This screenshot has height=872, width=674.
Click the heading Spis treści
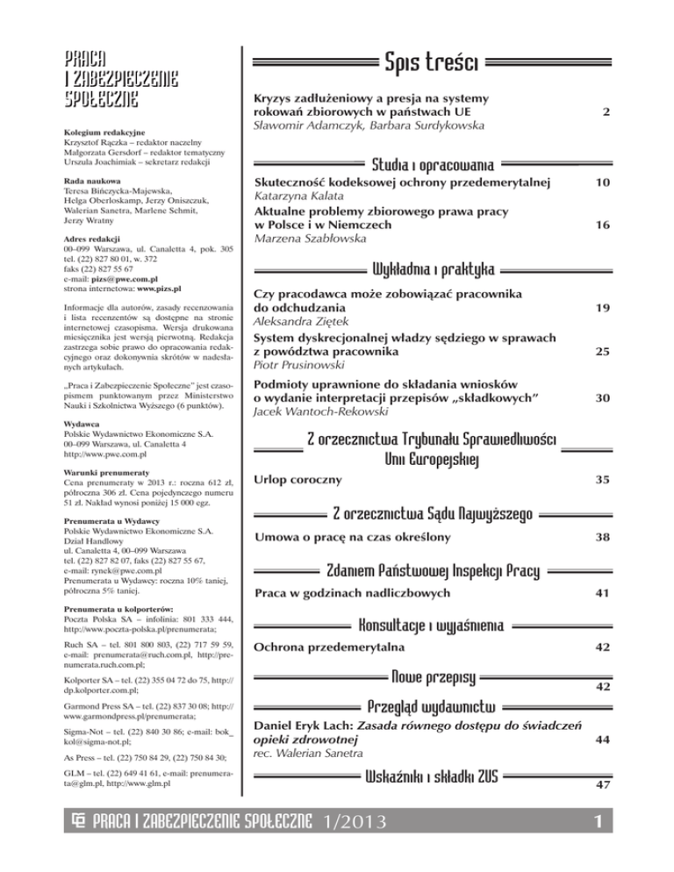click(430, 62)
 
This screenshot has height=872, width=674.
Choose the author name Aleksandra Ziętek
click(292, 324)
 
